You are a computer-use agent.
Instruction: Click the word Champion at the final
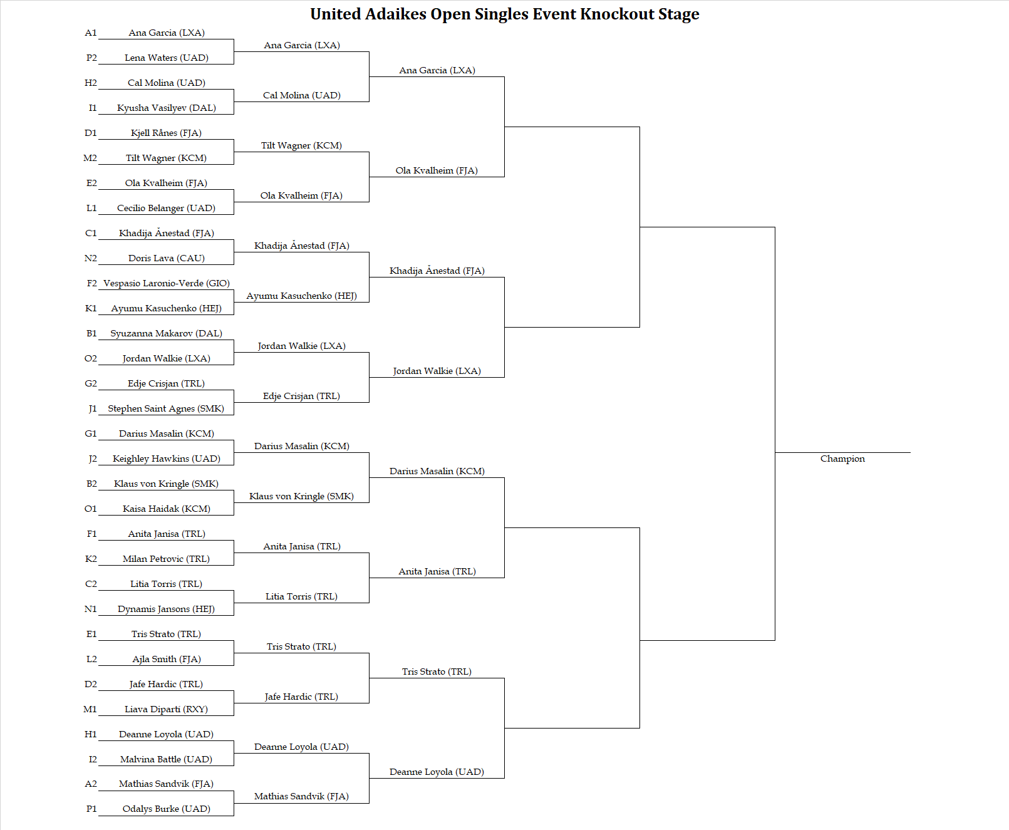842,459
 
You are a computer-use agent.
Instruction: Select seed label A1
90,33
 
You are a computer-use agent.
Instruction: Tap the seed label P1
91,809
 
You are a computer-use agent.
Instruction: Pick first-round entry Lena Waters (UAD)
167,58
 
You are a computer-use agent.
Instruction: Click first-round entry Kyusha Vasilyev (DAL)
167,108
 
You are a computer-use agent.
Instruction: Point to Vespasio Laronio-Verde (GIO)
167,283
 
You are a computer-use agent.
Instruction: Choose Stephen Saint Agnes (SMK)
166,408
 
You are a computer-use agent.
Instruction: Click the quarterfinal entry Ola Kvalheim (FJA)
437,171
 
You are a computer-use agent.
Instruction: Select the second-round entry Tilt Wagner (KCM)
301,145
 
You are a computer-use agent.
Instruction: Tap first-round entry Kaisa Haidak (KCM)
167,509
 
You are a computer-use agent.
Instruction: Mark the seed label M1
90,709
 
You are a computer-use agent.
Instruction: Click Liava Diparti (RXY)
166,709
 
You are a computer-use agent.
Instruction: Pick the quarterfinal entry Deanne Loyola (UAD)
437,772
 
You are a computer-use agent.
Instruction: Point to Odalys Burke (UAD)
167,809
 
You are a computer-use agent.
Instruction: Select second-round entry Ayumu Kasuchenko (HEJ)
301,296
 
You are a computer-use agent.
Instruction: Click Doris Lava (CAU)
167,258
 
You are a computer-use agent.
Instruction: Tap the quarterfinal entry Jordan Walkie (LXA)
437,371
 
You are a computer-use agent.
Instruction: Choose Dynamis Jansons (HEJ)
166,609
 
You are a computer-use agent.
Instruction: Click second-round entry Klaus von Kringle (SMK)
301,496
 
